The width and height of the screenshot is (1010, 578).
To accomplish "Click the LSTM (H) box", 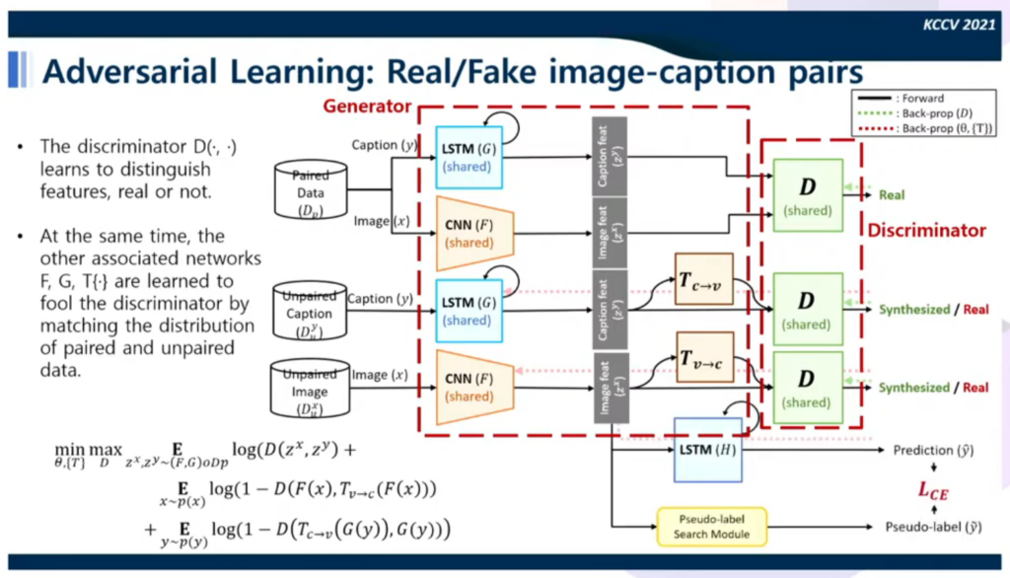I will tap(707, 449).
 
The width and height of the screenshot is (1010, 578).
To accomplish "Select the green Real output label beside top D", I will tap(892, 195).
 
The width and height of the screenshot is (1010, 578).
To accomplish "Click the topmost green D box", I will tap(808, 195).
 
